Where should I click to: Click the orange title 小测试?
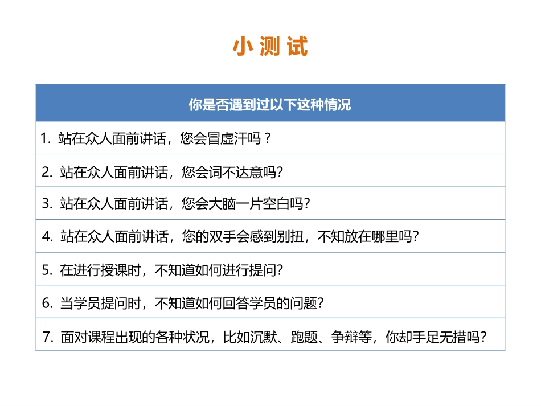coord(270,47)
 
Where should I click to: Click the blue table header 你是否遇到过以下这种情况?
coord(270,105)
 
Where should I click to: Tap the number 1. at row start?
coord(46,138)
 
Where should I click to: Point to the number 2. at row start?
coord(47,171)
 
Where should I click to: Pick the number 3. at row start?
coord(47,204)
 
